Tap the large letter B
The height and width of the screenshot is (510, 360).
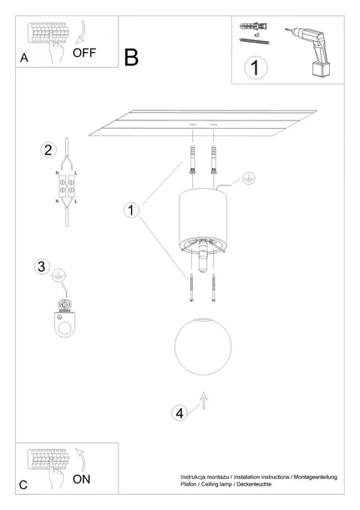click(131, 57)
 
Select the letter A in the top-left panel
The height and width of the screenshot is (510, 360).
click(23, 58)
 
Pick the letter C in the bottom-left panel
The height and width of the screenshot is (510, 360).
click(23, 485)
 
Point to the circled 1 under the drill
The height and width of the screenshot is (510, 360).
click(256, 67)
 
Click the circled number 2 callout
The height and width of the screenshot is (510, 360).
click(48, 150)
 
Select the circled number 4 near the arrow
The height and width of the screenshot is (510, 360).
click(179, 413)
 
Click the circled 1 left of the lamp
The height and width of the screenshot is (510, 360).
click(130, 210)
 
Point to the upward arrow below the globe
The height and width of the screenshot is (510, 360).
click(203, 405)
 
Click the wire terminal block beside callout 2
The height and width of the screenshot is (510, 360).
click(66, 189)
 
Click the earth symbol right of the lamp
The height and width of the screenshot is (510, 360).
click(248, 178)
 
